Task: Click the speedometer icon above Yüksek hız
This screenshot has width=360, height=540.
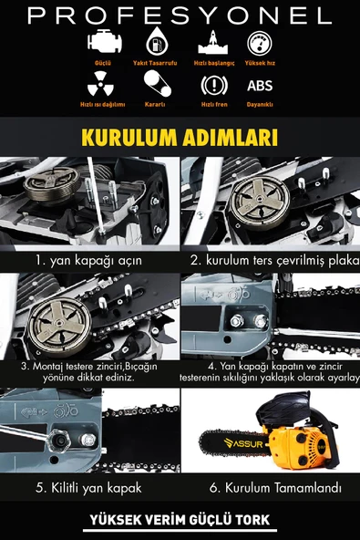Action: pos(259,44)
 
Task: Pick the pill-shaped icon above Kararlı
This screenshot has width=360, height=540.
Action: pos(154,85)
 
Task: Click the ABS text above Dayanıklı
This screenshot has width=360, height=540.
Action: pos(259,87)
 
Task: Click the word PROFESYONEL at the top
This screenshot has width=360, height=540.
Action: pos(180,16)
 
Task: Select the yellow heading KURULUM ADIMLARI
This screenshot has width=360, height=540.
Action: pos(180,138)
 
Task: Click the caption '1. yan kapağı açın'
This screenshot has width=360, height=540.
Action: pos(88,260)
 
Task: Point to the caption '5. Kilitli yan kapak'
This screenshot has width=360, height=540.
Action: pos(88,488)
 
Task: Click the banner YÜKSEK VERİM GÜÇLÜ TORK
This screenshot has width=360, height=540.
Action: pos(179,521)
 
